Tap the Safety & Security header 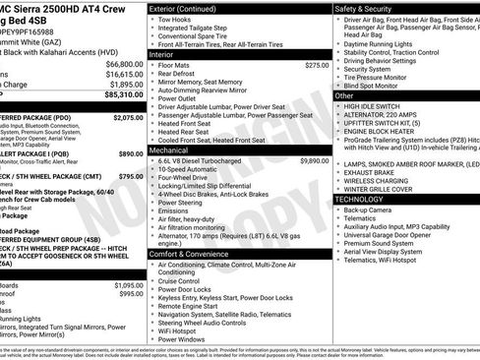coord(368,8)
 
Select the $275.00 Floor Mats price coord(317,65)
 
